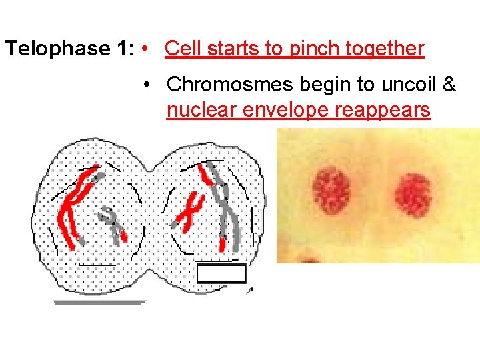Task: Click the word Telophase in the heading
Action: tap(57, 49)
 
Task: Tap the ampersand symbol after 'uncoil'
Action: tap(449, 85)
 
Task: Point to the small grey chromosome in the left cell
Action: tap(113, 223)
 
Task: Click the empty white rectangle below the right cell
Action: tap(222, 273)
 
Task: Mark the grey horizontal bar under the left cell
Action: tap(99, 302)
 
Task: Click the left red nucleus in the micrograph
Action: tap(331, 191)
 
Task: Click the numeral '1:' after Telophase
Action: tap(123, 49)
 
